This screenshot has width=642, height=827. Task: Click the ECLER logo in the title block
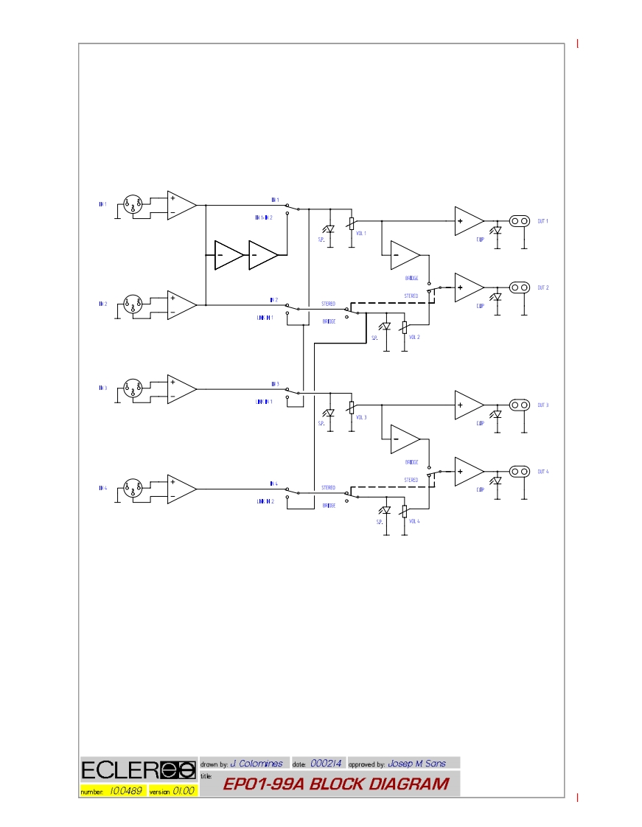coord(138,770)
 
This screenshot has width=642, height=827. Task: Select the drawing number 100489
coord(125,791)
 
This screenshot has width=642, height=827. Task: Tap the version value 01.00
coord(184,791)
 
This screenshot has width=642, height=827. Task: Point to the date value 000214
coord(326,764)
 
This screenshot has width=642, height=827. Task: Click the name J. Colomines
coord(257,764)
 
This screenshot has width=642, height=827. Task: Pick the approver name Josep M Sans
coord(416,764)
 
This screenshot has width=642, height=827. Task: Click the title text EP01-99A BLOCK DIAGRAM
coord(335,784)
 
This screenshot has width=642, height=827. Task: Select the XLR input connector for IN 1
coord(132,205)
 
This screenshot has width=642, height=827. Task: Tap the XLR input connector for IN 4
coord(132,489)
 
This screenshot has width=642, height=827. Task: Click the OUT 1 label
coord(542,221)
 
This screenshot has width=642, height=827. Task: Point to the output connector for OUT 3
coord(520,405)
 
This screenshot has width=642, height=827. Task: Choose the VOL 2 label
coord(414,337)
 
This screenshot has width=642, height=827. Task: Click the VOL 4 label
coord(414,521)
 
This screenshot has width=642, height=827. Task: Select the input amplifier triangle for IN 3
coord(181,389)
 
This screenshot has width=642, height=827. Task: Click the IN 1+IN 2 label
coord(263,217)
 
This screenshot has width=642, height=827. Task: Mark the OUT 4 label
coord(542,472)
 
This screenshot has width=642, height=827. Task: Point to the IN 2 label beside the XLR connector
coord(102,304)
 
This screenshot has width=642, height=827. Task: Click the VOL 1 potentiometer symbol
coord(351,223)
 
